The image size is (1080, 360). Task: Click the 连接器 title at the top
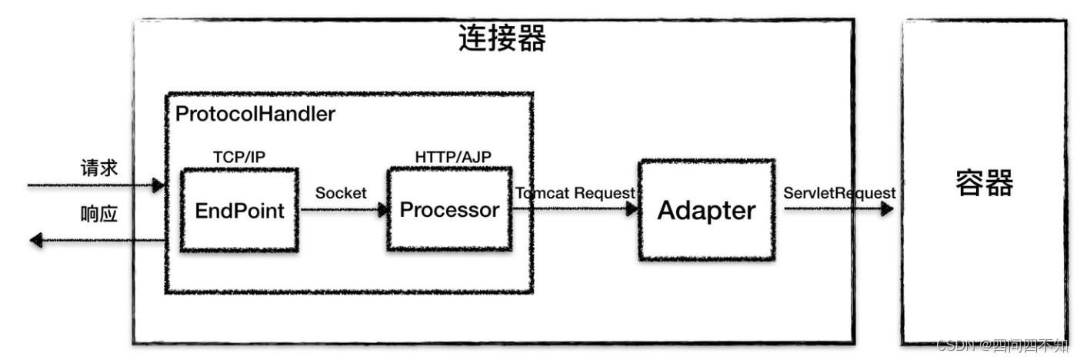pyautogui.click(x=502, y=38)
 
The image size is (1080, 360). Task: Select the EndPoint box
pyautogui.click(x=238, y=210)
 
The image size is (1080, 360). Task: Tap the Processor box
pyautogui.click(x=449, y=209)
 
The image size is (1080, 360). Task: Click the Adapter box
pyautogui.click(x=705, y=210)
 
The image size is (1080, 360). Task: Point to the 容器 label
pyautogui.click(x=984, y=184)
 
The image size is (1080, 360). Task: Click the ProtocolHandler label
pyautogui.click(x=255, y=115)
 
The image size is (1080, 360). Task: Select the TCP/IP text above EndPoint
pyautogui.click(x=240, y=156)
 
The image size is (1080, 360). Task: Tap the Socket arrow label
pyautogui.click(x=341, y=193)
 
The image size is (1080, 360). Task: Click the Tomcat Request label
pyautogui.click(x=575, y=192)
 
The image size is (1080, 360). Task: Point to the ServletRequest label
pyautogui.click(x=839, y=192)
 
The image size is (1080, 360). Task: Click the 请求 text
pyautogui.click(x=99, y=168)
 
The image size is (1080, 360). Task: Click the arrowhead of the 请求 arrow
pyautogui.click(x=159, y=185)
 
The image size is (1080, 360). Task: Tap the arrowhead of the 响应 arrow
pyautogui.click(x=36, y=241)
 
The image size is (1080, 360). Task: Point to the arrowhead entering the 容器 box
pyautogui.click(x=887, y=208)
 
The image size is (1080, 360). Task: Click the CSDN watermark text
pyautogui.click(x=1002, y=345)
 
